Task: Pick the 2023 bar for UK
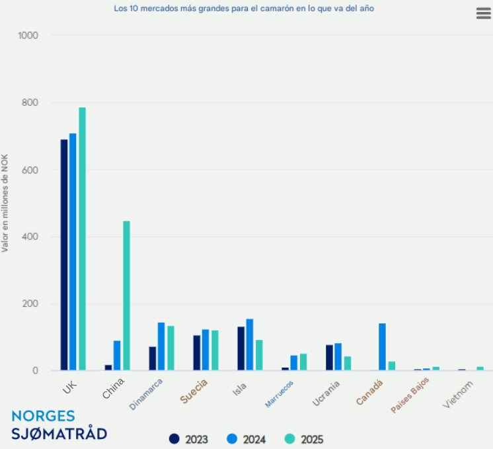[64, 255]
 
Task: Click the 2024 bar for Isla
[250, 345]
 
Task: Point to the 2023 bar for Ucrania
[329, 357]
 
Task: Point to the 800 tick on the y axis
[31, 102]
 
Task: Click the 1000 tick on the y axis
[28, 35]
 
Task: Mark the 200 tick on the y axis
[31, 304]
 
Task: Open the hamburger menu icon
[484, 14]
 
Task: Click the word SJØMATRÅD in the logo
[59, 434]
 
